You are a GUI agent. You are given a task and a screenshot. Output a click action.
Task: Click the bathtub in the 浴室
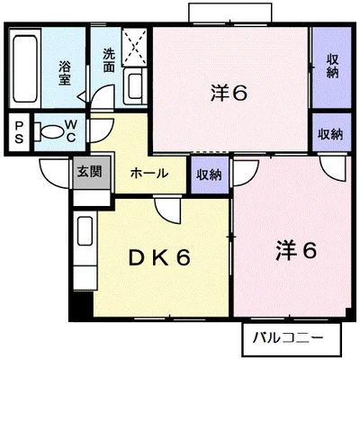point(25,68)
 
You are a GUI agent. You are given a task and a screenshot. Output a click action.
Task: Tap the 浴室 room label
point(65,73)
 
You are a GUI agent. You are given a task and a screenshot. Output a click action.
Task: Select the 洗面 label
point(109,60)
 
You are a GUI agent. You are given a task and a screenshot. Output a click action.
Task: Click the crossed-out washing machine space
point(134,47)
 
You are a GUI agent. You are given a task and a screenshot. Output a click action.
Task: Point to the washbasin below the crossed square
point(135,86)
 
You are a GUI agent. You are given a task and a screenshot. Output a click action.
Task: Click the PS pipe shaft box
point(19,132)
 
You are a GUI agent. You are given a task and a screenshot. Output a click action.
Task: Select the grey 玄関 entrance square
point(92,172)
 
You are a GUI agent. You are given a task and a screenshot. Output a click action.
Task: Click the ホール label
point(149,173)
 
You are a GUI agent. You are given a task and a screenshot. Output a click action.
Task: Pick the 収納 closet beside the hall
point(210,175)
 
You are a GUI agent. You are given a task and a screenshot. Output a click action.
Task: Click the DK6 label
point(159,258)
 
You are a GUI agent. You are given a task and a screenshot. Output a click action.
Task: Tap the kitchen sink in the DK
point(85,230)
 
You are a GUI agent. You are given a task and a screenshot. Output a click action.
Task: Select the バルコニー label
point(288,338)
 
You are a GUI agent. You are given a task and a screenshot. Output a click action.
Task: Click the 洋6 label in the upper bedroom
point(229,93)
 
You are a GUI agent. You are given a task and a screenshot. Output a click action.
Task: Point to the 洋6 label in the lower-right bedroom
point(296,250)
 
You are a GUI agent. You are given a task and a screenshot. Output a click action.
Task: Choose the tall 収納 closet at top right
point(332,67)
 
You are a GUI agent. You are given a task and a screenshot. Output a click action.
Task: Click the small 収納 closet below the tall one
point(332,132)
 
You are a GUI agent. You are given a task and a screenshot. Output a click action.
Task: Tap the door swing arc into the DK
point(168,211)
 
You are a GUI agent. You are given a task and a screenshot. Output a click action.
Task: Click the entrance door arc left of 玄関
point(54,174)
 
